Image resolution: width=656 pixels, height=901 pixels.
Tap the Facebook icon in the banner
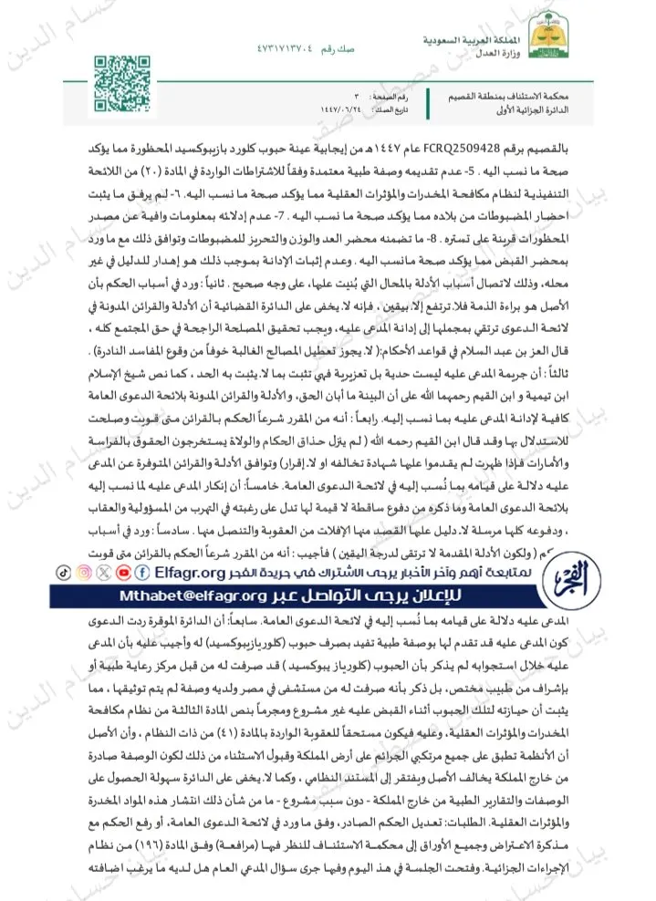coord(144,572)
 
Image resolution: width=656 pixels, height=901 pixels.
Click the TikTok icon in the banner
coord(63,572)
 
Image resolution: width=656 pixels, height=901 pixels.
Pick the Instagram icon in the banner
coord(84,572)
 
